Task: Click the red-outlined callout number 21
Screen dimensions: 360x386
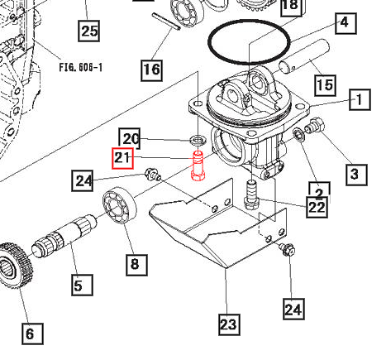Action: point(122,158)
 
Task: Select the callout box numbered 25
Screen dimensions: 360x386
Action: point(88,32)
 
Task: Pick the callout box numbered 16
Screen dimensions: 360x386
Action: point(150,69)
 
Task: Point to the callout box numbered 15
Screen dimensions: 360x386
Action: point(325,84)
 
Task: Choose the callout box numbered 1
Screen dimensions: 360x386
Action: point(360,101)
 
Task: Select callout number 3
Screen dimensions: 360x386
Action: point(354,173)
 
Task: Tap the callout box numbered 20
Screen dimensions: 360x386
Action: point(131,137)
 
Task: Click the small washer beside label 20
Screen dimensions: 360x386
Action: point(198,137)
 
